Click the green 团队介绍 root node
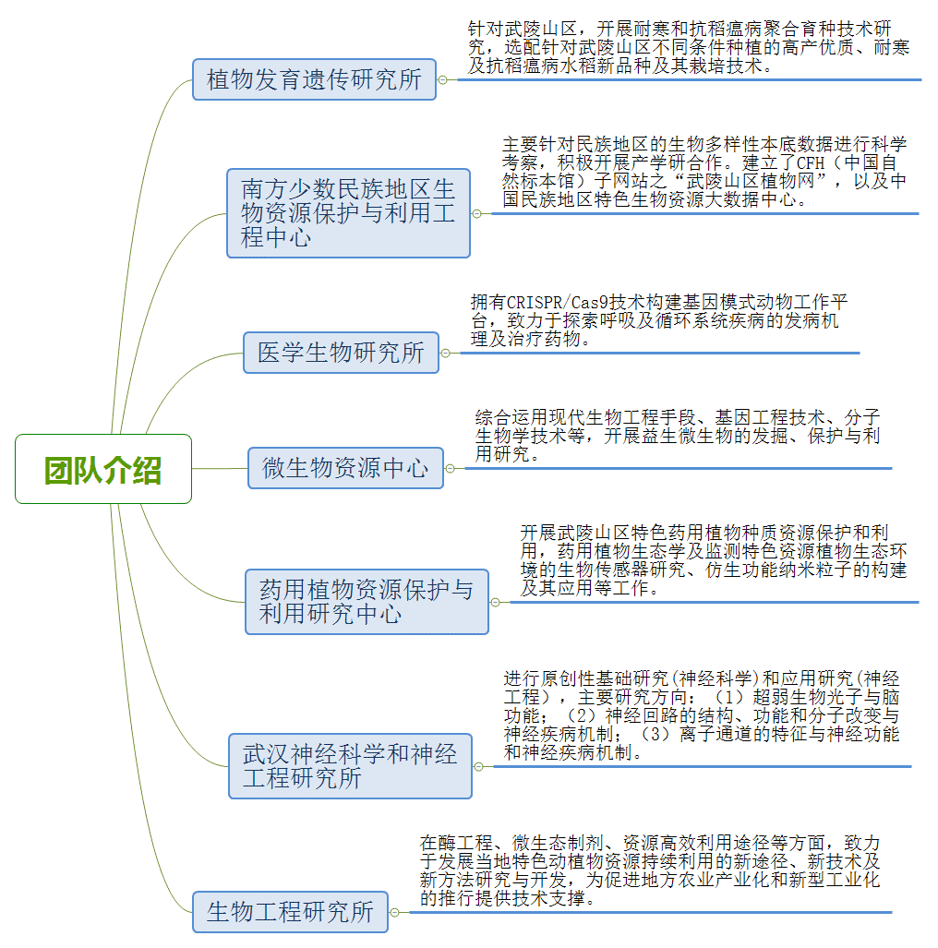coord(103,469)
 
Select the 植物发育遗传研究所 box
coord(315,79)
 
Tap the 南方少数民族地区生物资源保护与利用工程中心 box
coord(348,213)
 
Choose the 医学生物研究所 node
coord(341,353)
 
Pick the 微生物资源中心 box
coord(346,468)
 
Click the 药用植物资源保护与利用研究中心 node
coord(367,602)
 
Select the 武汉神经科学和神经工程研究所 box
coord(350,766)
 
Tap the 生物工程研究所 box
coord(290,912)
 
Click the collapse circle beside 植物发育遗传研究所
coord(443,79)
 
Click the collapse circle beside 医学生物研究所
coord(446,354)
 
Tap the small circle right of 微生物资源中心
coord(450,469)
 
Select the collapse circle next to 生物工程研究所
coord(395,912)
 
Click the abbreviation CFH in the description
coord(811,162)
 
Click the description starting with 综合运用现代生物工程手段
coord(678,436)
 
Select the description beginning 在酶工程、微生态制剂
coord(650,870)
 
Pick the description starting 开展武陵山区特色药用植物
coord(714,560)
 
